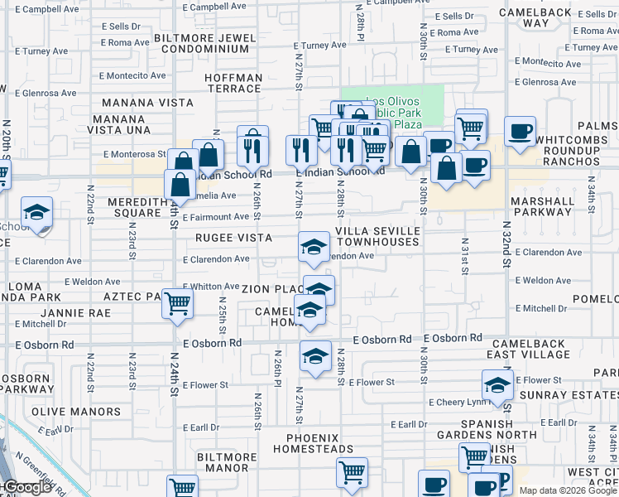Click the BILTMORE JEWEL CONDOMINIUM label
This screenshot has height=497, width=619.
pos(204,42)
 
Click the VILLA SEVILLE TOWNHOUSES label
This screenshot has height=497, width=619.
pos(377,237)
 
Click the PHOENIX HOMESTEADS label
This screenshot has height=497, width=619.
pos(319,443)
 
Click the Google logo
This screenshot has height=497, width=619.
pos(28,488)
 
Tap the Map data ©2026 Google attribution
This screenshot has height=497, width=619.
pos(569,490)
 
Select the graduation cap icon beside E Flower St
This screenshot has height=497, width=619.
pos(497,385)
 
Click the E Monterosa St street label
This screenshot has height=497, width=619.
pos(135,154)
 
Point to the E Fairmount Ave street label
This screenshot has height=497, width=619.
pos(216,217)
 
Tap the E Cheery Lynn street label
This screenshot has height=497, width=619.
pos(457,403)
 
